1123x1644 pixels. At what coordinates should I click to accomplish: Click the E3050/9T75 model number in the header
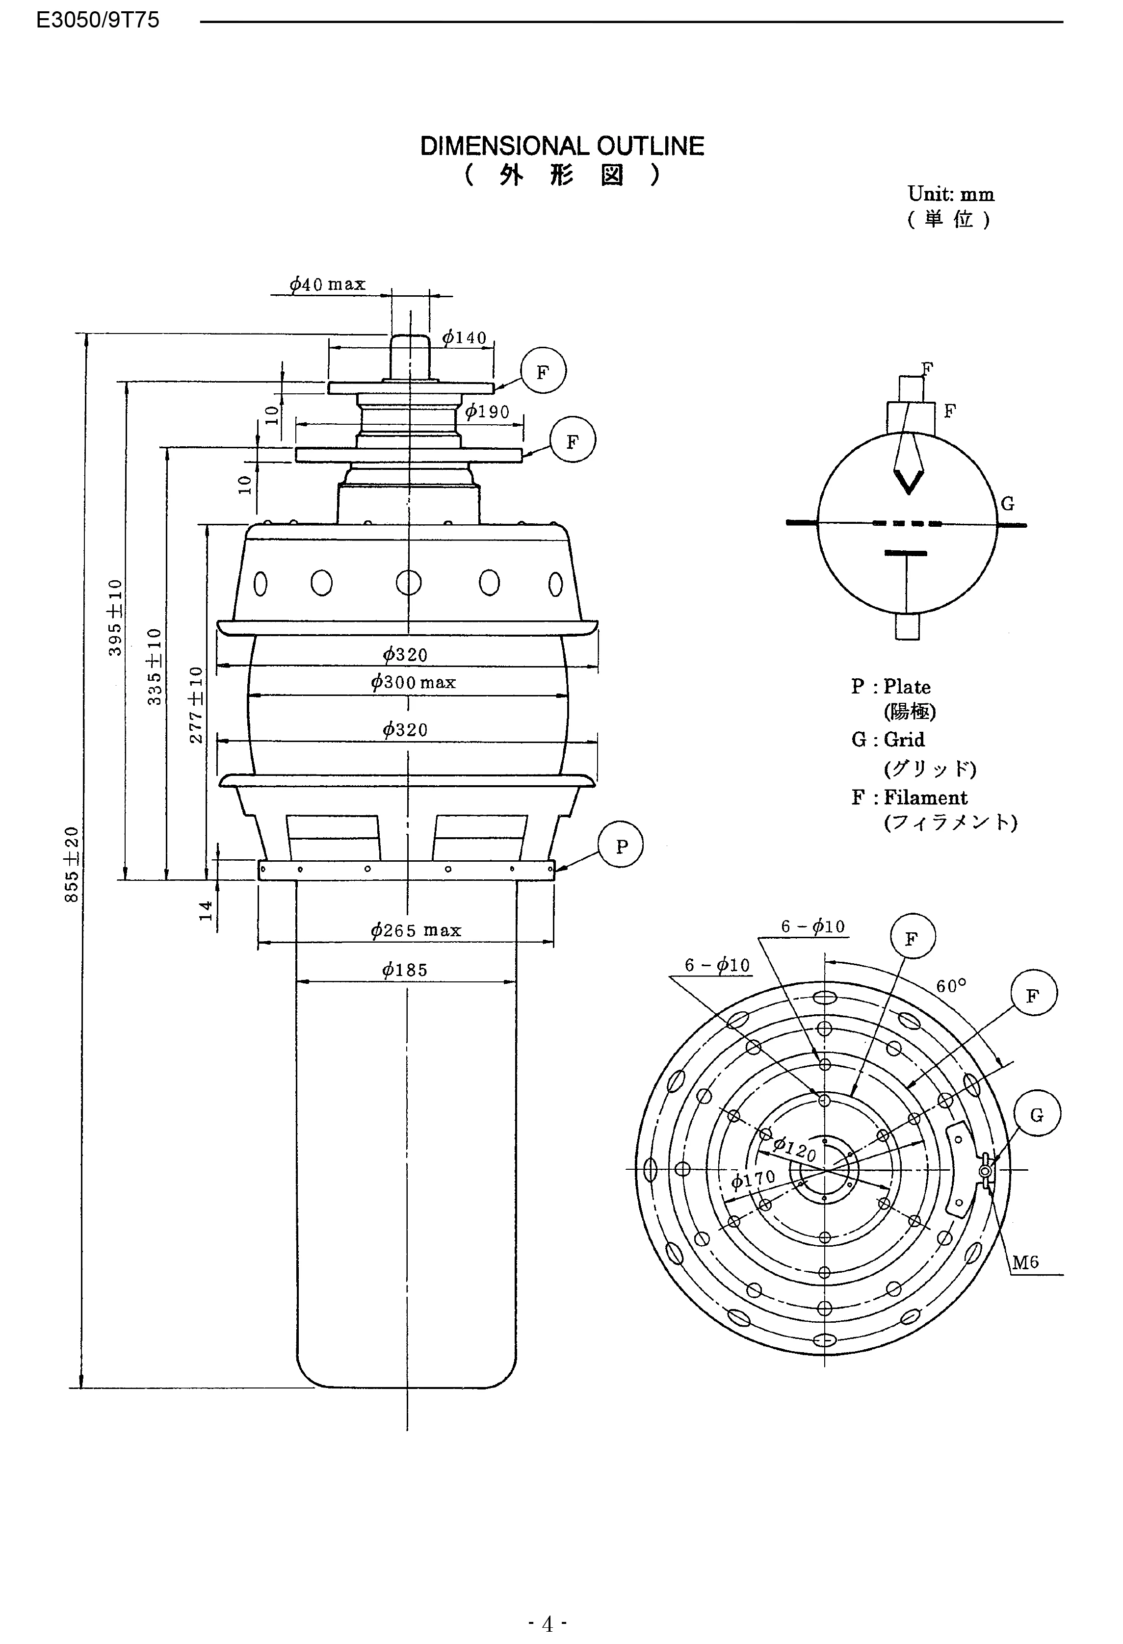click(x=98, y=20)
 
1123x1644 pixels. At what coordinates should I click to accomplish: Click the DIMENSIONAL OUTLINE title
click(x=562, y=147)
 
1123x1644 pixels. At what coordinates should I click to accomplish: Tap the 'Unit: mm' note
click(x=950, y=194)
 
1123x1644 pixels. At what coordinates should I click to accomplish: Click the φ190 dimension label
click(x=487, y=411)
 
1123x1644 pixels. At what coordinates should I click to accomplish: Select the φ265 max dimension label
click(x=416, y=930)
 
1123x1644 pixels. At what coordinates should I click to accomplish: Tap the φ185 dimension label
click(x=405, y=970)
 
